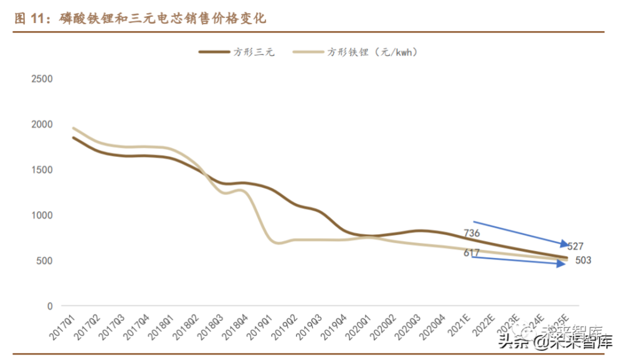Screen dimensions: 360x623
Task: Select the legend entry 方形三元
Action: (x=236, y=52)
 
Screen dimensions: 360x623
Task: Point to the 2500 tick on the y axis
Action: (x=42, y=79)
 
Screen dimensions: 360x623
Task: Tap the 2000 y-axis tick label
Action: (x=42, y=125)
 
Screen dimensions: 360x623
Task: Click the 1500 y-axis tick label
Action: (x=42, y=170)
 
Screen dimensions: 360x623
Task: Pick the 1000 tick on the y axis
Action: (x=42, y=216)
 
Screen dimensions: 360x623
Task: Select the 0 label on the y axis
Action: (x=50, y=306)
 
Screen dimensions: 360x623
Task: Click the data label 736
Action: (x=472, y=234)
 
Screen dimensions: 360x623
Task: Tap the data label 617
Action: (x=472, y=253)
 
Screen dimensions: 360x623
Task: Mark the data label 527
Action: (x=576, y=247)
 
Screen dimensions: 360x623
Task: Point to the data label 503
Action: (x=583, y=261)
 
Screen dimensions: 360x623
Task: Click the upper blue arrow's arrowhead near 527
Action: (x=563, y=244)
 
